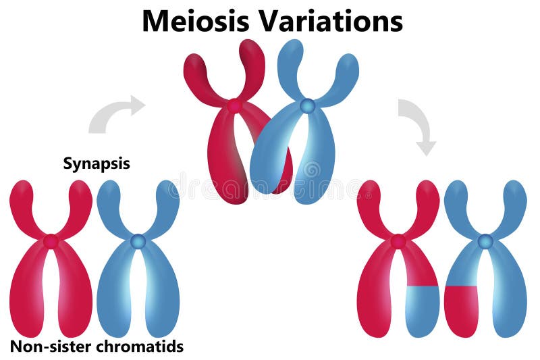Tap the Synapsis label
[x=97, y=163]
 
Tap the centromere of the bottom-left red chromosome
[x=51, y=241]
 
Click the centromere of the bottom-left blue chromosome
[x=138, y=241]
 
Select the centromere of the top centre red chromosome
[x=234, y=106]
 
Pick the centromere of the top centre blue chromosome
[x=307, y=106]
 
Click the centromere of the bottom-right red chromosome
[x=398, y=241]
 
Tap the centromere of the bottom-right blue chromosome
[x=485, y=241]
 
